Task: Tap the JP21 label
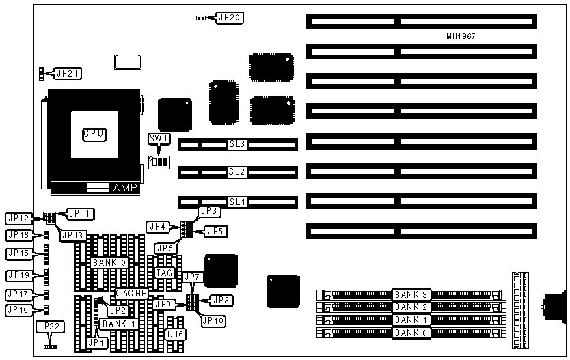66,73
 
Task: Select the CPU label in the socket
94,134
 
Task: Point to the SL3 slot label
237,145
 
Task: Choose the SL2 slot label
237,174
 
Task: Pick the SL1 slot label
237,202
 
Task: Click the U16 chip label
175,335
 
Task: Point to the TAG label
165,273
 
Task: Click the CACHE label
132,293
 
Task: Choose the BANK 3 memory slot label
411,294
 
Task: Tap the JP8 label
221,299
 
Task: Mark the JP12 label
18,219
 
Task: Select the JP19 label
18,275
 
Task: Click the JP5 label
215,231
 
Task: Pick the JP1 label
96,342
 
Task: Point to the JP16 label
18,309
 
